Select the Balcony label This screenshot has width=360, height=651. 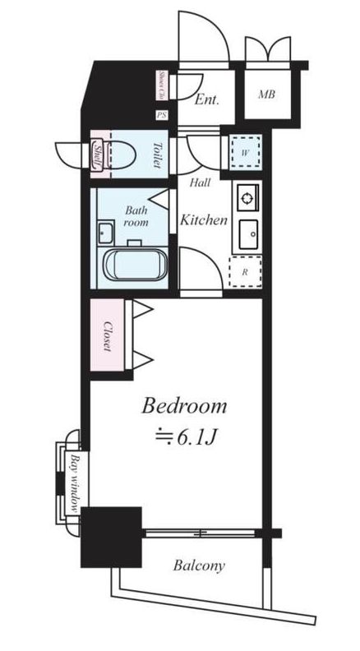[x=198, y=566]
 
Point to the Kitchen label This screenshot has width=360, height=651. [x=203, y=220]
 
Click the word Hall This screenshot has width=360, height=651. [x=199, y=183]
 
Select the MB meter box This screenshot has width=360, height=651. [x=267, y=95]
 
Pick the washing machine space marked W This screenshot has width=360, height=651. [x=245, y=151]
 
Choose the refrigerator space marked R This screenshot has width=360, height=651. [x=245, y=270]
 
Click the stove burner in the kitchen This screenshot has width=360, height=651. [x=246, y=197]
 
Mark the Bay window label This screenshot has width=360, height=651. [x=75, y=482]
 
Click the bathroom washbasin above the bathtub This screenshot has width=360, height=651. [x=105, y=233]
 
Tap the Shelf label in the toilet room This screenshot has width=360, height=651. [x=96, y=154]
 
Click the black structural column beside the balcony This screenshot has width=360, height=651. [x=111, y=536]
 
